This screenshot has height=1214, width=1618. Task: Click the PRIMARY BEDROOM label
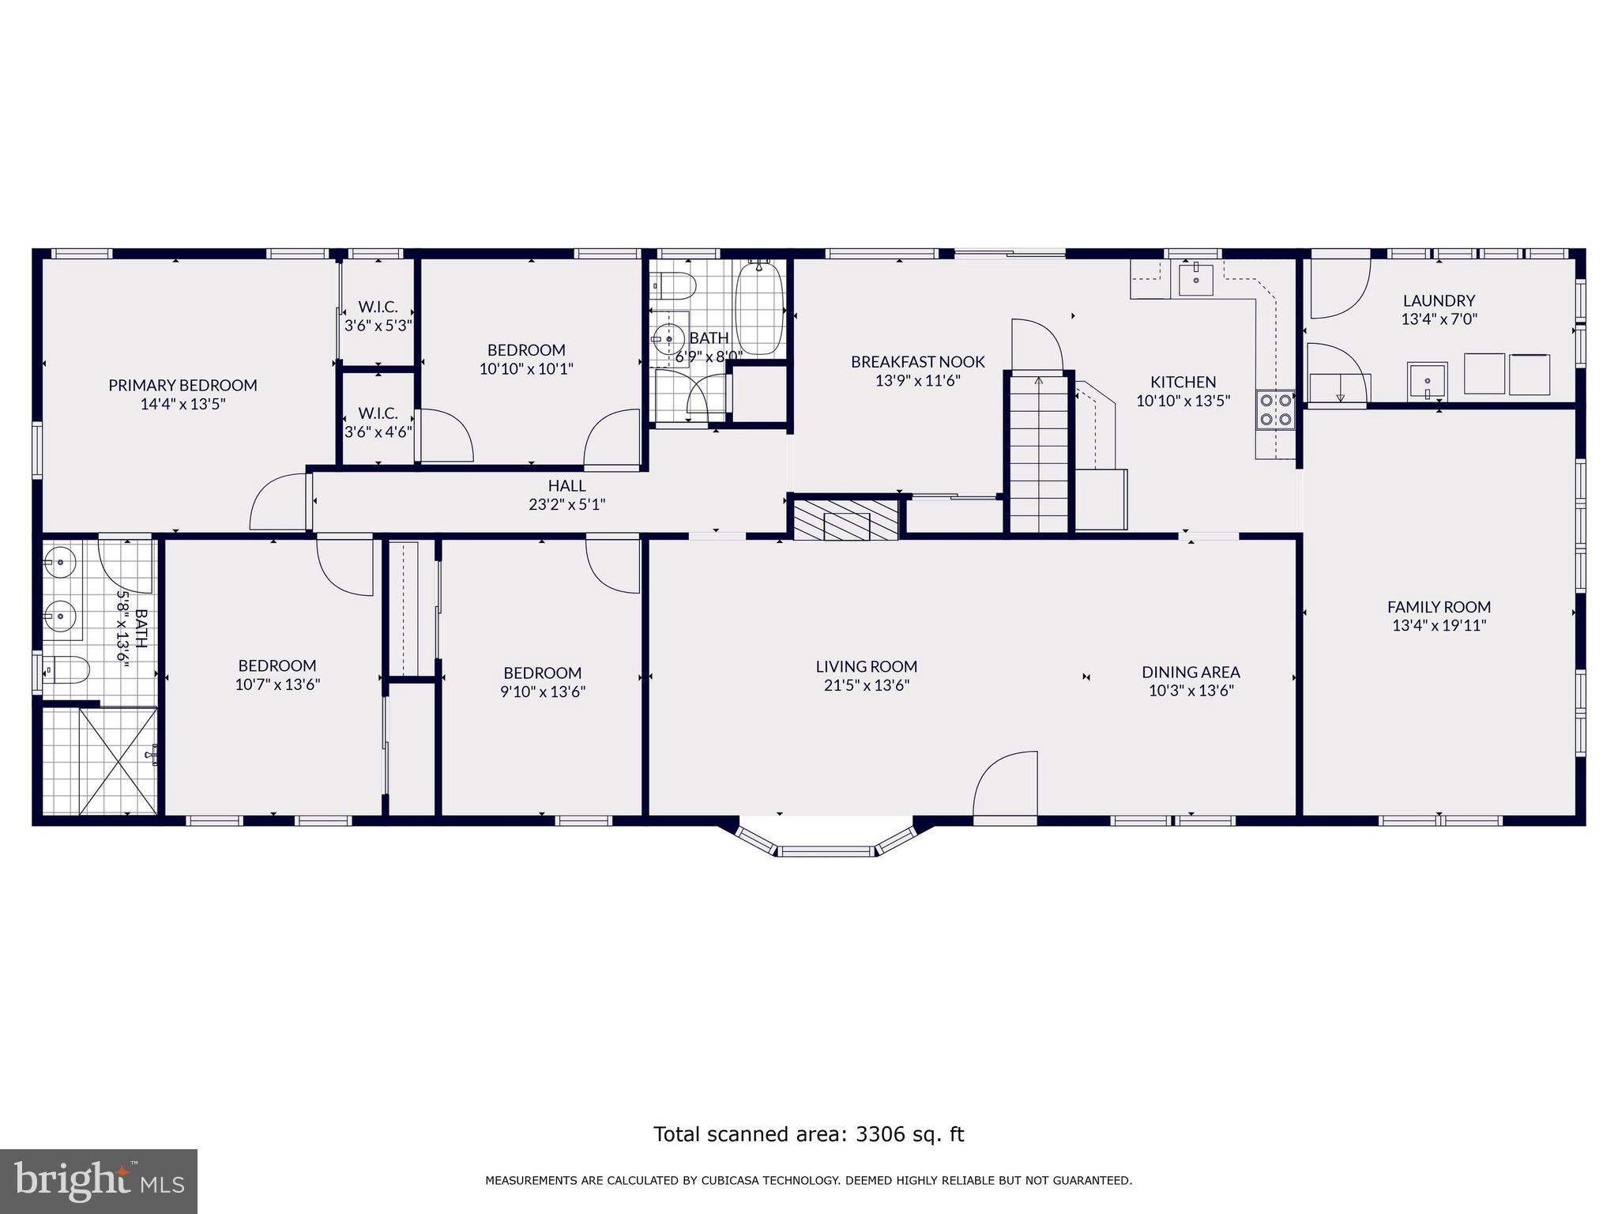coord(182,386)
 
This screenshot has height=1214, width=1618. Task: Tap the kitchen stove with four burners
coord(1275,410)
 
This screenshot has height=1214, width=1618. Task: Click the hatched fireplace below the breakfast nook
coord(846,520)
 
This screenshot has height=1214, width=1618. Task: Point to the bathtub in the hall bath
coord(759,310)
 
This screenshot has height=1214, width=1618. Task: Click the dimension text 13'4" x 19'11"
coord(1439,626)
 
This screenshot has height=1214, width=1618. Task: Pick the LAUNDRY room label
coord(1439,300)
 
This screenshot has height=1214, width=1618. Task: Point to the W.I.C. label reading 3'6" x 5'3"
coord(378,325)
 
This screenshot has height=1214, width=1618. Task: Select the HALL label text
coord(566,486)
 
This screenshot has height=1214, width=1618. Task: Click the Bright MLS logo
coord(99,1181)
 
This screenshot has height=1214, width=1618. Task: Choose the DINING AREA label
coord(1191,673)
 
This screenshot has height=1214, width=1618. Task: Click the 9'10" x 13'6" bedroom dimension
coord(544,692)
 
